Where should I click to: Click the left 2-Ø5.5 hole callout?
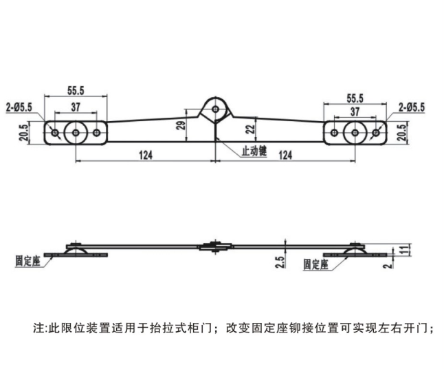(x=19, y=107)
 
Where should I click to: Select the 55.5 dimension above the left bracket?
(x=76, y=90)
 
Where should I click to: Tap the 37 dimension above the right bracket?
(x=355, y=111)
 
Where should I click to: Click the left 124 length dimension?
(x=145, y=155)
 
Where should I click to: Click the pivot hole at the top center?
(x=216, y=109)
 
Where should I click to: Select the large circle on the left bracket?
(x=74, y=132)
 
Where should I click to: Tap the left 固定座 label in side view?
(x=27, y=262)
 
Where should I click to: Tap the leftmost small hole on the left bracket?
(x=54, y=132)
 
